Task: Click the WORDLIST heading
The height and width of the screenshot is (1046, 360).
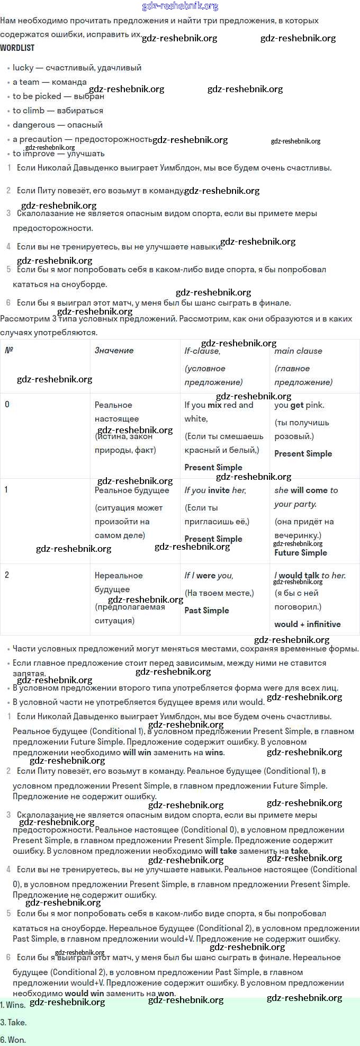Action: coord(17,48)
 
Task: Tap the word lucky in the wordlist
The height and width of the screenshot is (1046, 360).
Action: coord(23,68)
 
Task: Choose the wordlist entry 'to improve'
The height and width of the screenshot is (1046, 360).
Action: coord(33,154)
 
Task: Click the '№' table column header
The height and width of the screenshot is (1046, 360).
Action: coord(9,350)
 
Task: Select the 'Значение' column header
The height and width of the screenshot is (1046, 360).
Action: coord(114,351)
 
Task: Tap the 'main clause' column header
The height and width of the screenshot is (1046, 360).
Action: coord(298,351)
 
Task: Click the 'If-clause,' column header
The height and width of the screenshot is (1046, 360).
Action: coord(202,351)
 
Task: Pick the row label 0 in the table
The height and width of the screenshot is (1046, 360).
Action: coord(7,405)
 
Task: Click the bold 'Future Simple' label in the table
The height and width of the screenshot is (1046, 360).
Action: coord(300,553)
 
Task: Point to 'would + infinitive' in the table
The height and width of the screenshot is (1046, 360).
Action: coord(307,624)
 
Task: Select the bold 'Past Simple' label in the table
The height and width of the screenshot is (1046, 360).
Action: coord(206,611)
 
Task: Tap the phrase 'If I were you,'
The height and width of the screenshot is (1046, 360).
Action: coord(209,576)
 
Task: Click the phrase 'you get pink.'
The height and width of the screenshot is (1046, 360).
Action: coord(299,405)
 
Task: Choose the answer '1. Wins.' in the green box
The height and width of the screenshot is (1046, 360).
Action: coord(13,1005)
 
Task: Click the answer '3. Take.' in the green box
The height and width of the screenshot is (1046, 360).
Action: coord(13,1022)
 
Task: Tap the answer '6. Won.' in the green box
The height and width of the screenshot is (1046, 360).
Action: coord(13,1040)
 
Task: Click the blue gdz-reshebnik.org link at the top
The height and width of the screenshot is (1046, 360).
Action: coord(180,6)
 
